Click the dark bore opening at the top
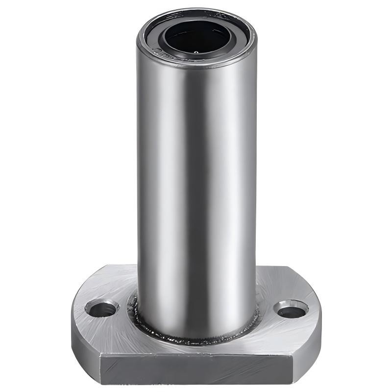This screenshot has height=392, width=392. pos(196,37)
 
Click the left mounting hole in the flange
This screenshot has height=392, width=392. pos(102,309)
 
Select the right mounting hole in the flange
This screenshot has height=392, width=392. pos(292,309)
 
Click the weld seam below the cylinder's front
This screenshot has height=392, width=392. pos(196,338)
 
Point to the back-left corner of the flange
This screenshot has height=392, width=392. pos(105,267)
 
